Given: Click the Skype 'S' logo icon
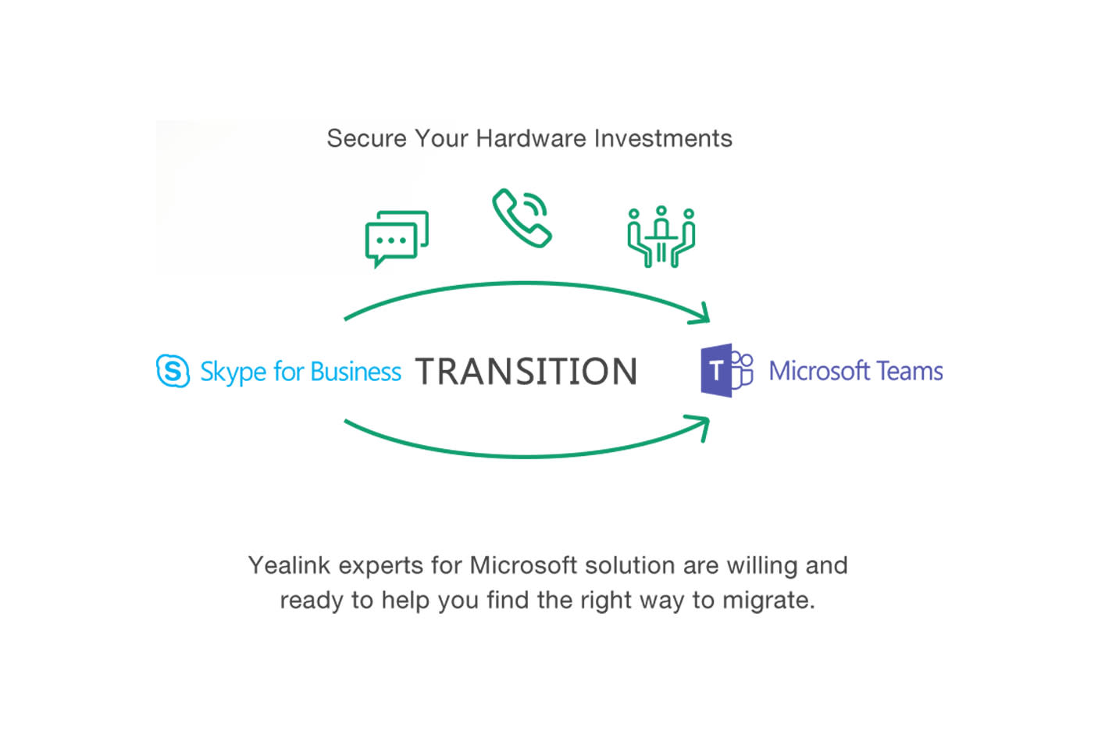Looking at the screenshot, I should click(x=173, y=371).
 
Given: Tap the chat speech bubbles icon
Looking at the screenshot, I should click(x=397, y=237).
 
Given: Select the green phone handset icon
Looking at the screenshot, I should click(x=522, y=217).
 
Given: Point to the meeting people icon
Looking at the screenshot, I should click(x=661, y=237).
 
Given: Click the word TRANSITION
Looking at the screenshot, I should click(x=526, y=372).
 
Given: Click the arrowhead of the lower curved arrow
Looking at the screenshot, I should click(x=701, y=426).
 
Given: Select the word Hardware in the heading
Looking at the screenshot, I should click(x=531, y=138).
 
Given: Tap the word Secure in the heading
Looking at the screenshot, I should click(x=367, y=138).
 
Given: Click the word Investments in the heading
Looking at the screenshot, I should click(x=663, y=138).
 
